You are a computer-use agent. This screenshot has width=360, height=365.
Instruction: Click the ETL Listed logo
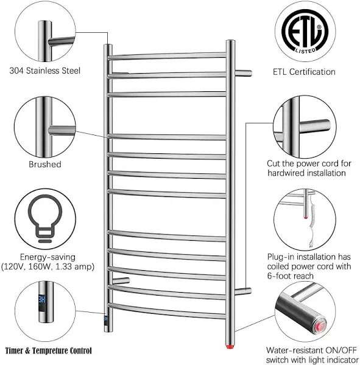(x=305, y=31)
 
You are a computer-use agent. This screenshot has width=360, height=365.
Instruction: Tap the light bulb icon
(x=45, y=218)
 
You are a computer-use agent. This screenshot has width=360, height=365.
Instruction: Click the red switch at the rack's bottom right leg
(x=230, y=347)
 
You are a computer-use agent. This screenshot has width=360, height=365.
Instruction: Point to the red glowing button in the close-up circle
(x=320, y=326)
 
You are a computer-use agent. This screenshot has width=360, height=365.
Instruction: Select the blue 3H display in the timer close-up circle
(x=42, y=299)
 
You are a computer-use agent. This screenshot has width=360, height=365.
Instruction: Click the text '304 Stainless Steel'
(x=44, y=71)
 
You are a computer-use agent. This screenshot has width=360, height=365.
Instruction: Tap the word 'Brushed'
(x=44, y=164)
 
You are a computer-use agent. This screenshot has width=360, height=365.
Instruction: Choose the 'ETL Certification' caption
(x=304, y=72)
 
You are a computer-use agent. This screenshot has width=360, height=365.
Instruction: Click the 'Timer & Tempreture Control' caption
(x=49, y=350)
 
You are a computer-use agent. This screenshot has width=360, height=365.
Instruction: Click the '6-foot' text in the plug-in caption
(x=278, y=276)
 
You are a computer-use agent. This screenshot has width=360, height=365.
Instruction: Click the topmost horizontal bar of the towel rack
(x=167, y=56)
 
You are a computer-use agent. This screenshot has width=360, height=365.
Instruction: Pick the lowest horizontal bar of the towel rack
(x=167, y=311)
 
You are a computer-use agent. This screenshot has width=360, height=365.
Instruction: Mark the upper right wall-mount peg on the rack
(x=243, y=73)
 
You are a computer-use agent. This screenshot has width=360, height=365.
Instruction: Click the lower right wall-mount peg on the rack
(x=243, y=291)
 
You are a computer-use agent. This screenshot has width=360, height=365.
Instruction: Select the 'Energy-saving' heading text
(x=48, y=257)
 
